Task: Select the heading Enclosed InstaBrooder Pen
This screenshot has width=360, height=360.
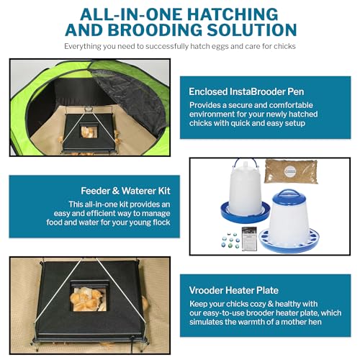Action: pyautogui.click(x=256, y=91)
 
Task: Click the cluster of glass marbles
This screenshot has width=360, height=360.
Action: pyautogui.click(x=225, y=239)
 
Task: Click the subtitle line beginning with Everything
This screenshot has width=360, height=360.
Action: pyautogui.click(x=179, y=47)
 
